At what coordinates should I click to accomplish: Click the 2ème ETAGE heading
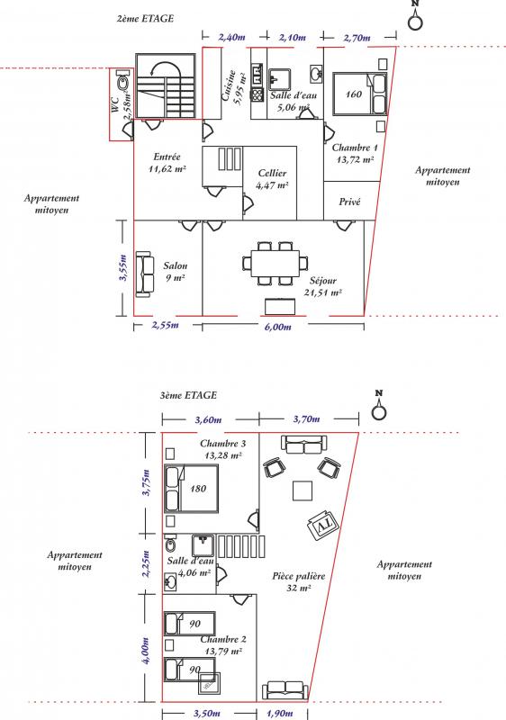(x=145, y=18)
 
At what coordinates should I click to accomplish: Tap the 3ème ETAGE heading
(x=188, y=395)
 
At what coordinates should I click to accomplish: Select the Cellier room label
(x=272, y=173)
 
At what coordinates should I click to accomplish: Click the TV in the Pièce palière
(x=323, y=523)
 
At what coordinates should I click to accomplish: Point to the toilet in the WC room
(x=122, y=82)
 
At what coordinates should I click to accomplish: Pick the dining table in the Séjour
(x=275, y=264)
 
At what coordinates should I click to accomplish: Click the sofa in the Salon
(x=144, y=274)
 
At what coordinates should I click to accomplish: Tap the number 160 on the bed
(x=354, y=94)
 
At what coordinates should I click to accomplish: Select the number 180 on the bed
(x=198, y=489)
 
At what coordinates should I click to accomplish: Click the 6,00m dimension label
(x=278, y=327)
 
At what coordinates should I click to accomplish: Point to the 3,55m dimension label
(x=123, y=267)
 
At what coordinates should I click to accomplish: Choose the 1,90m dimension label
(x=280, y=713)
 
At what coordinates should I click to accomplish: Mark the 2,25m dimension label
(x=146, y=564)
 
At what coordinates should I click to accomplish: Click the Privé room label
(x=350, y=202)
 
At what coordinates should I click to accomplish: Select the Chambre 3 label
(x=222, y=444)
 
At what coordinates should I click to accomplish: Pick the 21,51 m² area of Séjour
(x=323, y=292)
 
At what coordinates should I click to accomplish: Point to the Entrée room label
(x=167, y=157)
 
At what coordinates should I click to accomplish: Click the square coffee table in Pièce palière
(x=303, y=490)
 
